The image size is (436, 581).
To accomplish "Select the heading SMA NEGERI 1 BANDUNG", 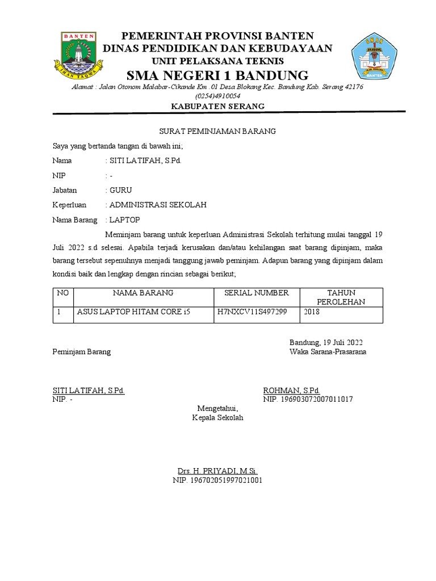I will tap(217, 75).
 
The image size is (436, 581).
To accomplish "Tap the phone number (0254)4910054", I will tap(217, 96).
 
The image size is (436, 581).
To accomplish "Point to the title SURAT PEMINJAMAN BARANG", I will tap(217, 131).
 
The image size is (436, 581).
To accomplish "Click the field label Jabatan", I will tap(64, 190).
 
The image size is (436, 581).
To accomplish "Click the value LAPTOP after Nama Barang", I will tap(124, 220).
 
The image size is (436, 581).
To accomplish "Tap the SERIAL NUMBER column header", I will tap(257, 293).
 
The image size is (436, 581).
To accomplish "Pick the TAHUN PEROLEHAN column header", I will tap(341, 297).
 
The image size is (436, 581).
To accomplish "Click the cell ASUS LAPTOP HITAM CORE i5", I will tap(134, 311).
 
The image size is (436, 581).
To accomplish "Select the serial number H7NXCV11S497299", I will tap(252, 311).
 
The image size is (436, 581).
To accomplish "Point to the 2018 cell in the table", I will tap(312, 311).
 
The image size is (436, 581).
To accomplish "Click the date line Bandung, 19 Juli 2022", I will tap(326, 342).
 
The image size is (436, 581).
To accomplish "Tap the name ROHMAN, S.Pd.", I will tap(291, 390).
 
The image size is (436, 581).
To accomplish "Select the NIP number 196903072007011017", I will tap(308, 399).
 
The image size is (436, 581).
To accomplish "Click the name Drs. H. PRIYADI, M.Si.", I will tap(217, 471).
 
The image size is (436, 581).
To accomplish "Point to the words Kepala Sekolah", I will tap(217, 418).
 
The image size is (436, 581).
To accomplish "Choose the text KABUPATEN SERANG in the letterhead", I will tap(217, 107).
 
